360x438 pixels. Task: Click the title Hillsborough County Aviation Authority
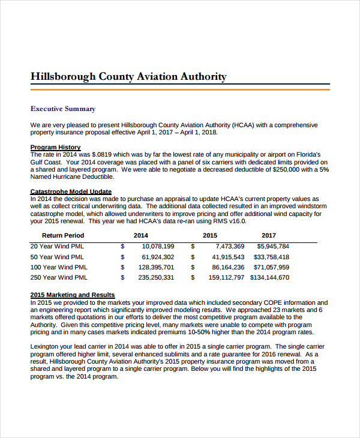tap(128, 76)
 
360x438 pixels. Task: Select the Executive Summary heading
tap(62, 109)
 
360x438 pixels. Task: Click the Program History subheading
tap(55, 147)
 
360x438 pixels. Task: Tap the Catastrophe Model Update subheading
tap(71, 192)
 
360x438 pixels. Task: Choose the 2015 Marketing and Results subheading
tap(72, 295)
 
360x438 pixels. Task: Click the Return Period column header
tap(63, 235)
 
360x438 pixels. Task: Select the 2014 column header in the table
tap(140, 235)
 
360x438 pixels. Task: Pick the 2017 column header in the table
tap(269, 235)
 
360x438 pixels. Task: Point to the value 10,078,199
tap(158, 247)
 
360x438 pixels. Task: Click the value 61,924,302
tap(158, 257)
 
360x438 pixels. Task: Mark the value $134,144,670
tap(269, 278)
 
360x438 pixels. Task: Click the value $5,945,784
tap(273, 247)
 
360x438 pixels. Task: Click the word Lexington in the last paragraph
tap(45, 347)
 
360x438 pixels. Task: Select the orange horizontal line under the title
tap(180, 89)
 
